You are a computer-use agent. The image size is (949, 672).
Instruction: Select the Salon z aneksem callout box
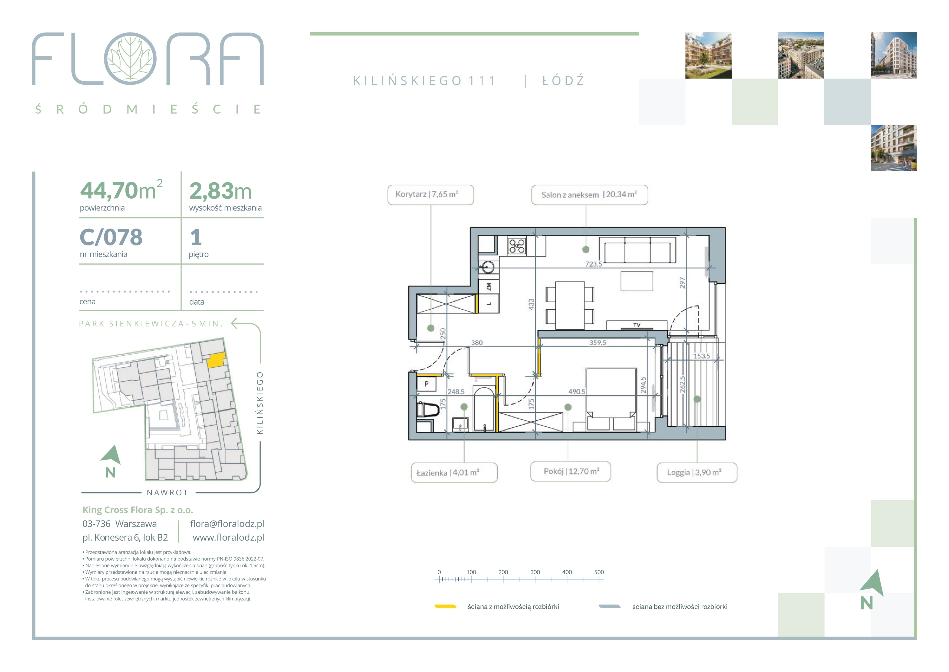(589, 195)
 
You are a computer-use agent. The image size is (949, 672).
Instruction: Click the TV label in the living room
(636, 325)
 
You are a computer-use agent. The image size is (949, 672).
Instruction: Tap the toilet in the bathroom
(428, 410)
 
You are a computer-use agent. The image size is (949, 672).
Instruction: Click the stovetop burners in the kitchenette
(517, 246)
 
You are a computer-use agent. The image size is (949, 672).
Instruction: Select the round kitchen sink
(488, 267)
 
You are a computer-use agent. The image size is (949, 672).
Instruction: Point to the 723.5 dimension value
(593, 264)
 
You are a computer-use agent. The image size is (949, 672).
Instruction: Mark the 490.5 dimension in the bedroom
(577, 392)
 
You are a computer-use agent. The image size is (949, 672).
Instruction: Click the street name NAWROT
(168, 492)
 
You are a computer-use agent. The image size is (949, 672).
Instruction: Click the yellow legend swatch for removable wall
(445, 607)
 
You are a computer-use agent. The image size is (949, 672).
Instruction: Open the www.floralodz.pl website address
(228, 538)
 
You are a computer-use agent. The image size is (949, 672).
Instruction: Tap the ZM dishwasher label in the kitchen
(488, 286)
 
